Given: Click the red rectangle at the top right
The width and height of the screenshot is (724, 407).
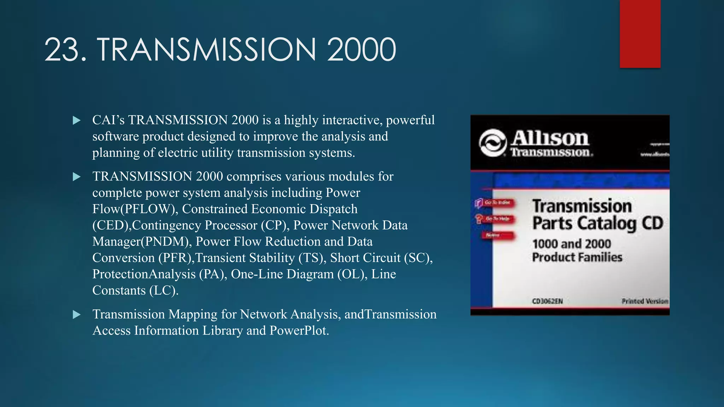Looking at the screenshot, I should click(640, 34).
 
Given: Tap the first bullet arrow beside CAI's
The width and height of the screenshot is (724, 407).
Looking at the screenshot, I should click(76, 120).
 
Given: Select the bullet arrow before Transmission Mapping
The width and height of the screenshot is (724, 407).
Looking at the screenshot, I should click(76, 314).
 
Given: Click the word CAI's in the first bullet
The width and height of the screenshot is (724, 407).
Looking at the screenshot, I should click(108, 120).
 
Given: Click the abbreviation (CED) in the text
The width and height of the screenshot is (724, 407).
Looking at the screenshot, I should click(110, 225).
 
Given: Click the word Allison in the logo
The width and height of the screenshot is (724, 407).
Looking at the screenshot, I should click(550, 138).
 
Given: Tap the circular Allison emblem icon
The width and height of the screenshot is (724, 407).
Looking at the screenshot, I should click(492, 143).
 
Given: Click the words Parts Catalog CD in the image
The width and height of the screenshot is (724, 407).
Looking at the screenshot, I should click(597, 223).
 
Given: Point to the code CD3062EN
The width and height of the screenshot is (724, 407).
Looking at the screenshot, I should click(547, 301).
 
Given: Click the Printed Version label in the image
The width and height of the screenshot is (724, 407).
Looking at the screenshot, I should click(644, 301).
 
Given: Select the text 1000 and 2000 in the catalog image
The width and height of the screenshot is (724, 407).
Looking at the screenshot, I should click(571, 244).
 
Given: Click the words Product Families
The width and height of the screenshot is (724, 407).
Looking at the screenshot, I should click(577, 257).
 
